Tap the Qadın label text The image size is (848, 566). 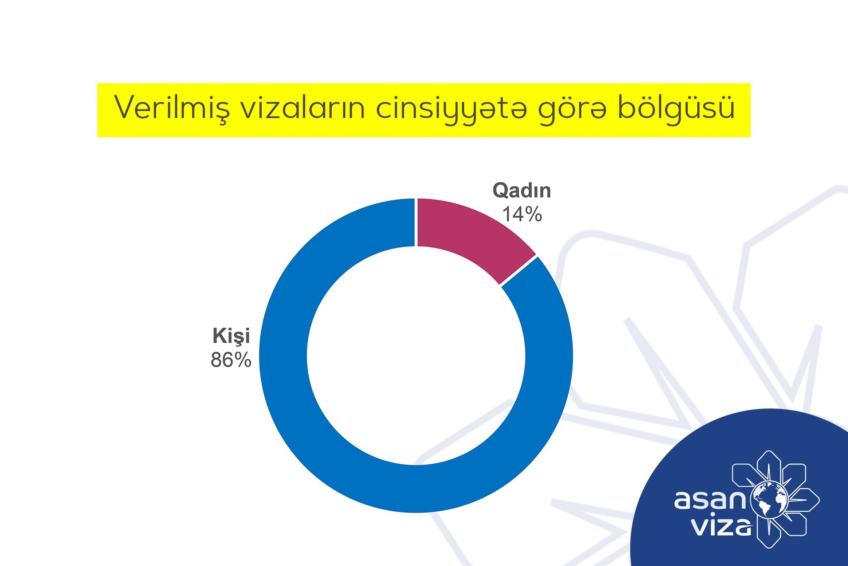pyautogui.click(x=522, y=191)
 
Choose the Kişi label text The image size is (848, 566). pyautogui.click(x=231, y=336)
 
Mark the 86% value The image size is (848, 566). pyautogui.click(x=231, y=360)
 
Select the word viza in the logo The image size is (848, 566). pyautogui.click(x=723, y=526)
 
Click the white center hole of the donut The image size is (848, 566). pyautogui.click(x=416, y=356)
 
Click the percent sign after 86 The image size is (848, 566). pyautogui.click(x=242, y=360)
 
